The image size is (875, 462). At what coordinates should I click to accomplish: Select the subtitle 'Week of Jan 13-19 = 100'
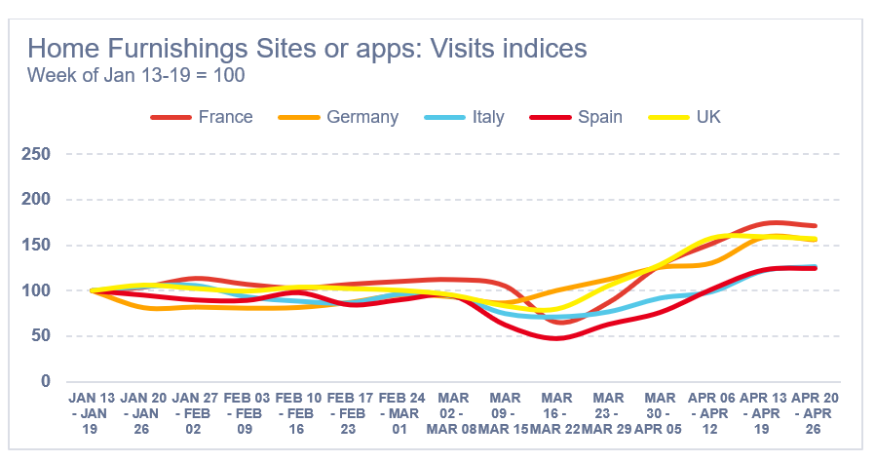(135, 75)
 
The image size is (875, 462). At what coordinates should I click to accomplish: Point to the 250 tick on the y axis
(37, 154)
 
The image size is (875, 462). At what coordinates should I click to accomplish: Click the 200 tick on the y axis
(37, 200)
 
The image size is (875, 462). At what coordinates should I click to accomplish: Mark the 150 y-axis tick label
(37, 245)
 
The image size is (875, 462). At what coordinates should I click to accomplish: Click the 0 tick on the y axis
(46, 381)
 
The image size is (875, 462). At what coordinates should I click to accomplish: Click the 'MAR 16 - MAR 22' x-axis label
(556, 414)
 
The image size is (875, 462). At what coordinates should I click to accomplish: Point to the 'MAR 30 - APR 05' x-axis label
(660, 414)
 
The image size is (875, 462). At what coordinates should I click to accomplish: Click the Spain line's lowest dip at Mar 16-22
(556, 338)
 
